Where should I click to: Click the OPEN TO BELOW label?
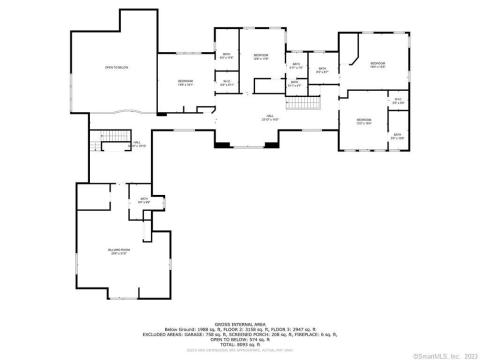(117, 68)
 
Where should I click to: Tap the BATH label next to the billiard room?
(144, 200)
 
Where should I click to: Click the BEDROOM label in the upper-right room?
(377, 63)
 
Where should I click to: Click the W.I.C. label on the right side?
(397, 100)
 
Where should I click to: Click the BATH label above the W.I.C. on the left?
(226, 55)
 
